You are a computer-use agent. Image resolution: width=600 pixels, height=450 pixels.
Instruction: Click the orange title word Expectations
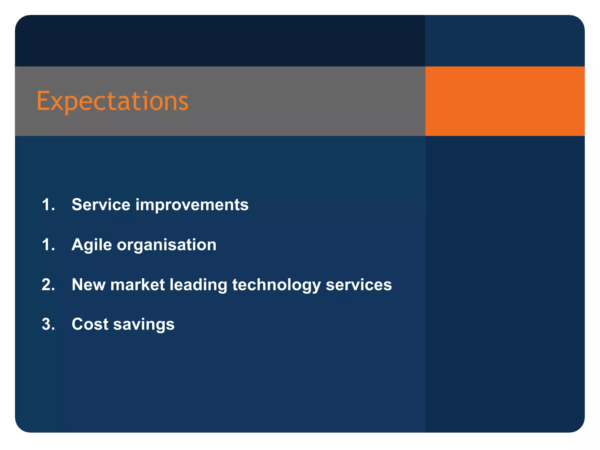[112, 101]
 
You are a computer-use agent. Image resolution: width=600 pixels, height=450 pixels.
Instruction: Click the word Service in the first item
[101, 204]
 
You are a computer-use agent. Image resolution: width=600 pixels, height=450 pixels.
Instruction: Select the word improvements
[192, 204]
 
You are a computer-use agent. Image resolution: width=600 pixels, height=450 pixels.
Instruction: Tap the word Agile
[92, 245]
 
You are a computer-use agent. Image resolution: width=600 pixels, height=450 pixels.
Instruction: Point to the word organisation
[166, 245]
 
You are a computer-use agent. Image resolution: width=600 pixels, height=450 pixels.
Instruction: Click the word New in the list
[88, 284]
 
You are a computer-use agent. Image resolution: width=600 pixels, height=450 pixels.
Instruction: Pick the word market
[137, 284]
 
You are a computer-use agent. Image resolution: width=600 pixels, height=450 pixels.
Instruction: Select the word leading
[198, 285]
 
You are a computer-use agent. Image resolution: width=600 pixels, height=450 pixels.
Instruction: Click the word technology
[276, 285]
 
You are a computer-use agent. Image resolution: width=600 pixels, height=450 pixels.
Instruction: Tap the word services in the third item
[359, 284]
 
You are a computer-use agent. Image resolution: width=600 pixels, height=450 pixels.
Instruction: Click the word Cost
[90, 324]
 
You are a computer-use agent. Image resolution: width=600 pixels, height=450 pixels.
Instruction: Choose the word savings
[144, 325]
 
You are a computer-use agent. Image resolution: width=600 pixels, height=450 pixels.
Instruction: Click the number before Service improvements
[48, 204]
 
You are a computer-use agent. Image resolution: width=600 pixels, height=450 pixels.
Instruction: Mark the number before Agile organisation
[48, 245]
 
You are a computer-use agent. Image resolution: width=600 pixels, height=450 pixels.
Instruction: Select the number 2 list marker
[48, 284]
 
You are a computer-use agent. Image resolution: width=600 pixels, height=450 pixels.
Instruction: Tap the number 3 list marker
[48, 324]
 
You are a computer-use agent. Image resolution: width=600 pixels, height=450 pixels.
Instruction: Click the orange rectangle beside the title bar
[504, 101]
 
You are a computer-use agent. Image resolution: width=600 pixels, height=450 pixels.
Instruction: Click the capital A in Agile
[78, 245]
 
